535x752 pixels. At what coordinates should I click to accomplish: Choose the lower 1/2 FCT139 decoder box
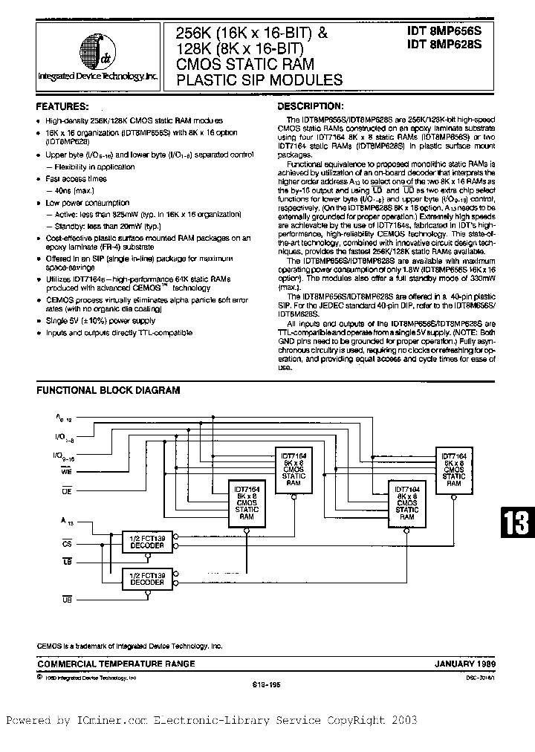click(140, 577)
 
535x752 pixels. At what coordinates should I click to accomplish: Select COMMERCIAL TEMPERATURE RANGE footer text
click(116, 664)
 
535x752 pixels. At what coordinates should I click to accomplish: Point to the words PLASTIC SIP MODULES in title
click(259, 80)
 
